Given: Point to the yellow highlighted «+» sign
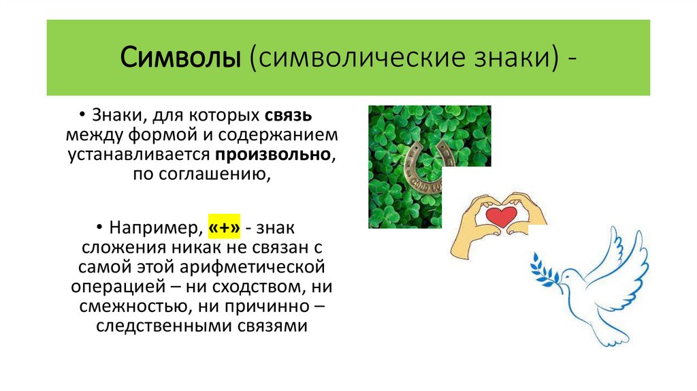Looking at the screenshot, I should [x=225, y=225].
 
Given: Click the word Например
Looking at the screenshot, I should [x=154, y=225].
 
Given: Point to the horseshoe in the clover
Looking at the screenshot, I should [x=429, y=166].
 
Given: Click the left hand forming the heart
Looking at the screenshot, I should [x=474, y=225].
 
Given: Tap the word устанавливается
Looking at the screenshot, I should [x=141, y=155].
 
